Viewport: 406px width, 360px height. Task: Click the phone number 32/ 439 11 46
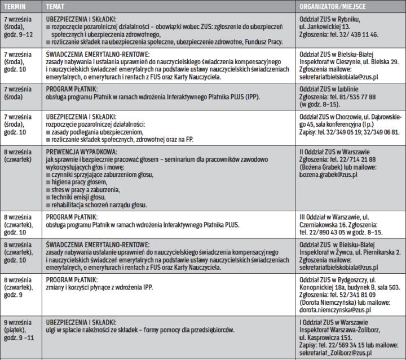[x=358, y=34]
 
